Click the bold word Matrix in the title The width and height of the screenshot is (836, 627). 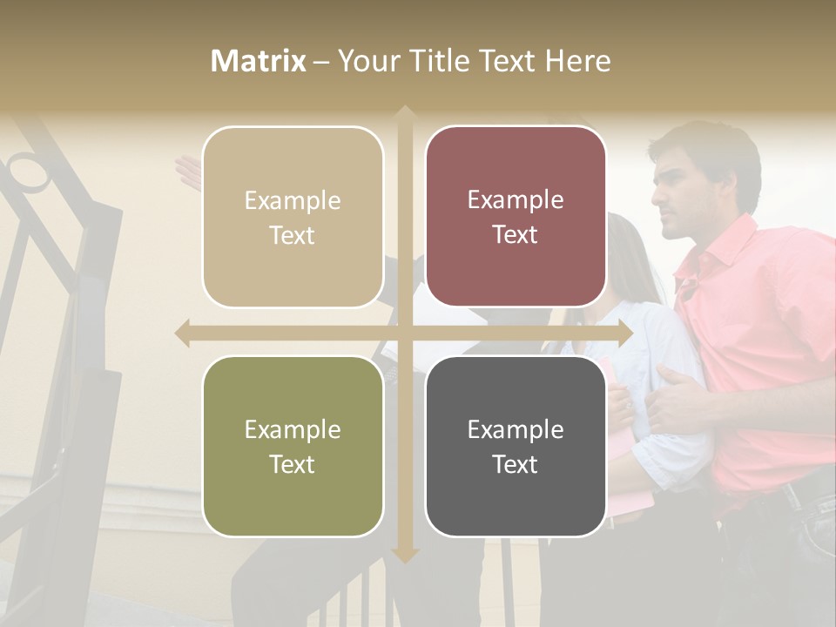[x=258, y=61]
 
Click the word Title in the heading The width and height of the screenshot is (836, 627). [x=438, y=61]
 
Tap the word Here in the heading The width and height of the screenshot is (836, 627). [x=578, y=61]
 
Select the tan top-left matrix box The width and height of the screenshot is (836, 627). [x=293, y=217]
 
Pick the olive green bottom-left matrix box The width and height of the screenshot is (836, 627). [x=293, y=446]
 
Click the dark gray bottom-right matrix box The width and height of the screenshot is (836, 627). [x=516, y=446]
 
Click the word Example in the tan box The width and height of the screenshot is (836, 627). [x=293, y=200]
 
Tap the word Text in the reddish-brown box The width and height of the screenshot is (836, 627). [x=516, y=235]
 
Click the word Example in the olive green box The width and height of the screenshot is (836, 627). [x=293, y=429]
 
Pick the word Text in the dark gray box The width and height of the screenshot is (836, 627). [x=516, y=464]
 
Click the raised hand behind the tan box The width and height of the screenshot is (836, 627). [x=188, y=172]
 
